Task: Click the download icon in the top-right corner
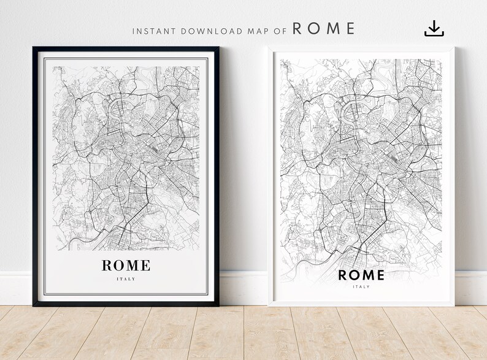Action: [434, 28]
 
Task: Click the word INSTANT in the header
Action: [151, 29]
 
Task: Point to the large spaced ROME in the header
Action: [324, 28]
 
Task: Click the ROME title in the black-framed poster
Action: [126, 266]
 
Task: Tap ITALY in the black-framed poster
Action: [126, 279]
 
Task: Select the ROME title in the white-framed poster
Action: [362, 274]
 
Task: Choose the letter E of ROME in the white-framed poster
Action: [380, 274]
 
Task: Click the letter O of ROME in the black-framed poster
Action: [119, 266]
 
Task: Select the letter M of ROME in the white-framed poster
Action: [367, 274]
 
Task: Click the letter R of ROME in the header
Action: [297, 28]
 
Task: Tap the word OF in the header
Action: [277, 29]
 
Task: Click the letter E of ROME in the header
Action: [350, 28]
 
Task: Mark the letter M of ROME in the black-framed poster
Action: [133, 266]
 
